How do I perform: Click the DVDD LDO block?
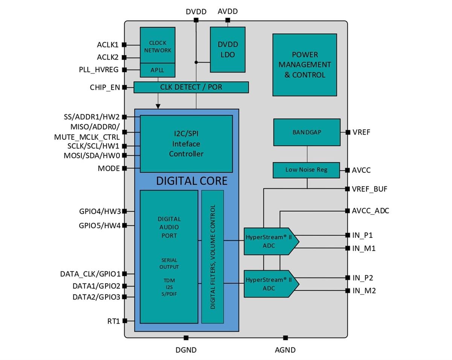pos(227,49)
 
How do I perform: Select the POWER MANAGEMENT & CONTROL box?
pos(304,64)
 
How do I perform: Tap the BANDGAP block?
pos(307,132)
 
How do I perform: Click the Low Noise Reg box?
pos(306,170)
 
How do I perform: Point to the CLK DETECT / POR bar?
pos(191,87)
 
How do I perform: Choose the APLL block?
pos(157,70)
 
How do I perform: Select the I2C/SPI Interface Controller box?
pos(186,144)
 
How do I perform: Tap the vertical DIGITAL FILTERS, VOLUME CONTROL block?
pos(212,257)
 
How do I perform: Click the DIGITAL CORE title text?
pos(192,181)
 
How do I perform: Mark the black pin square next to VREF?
pos(347,132)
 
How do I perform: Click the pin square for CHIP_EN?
pos(124,87)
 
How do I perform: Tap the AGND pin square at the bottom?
pos(285,338)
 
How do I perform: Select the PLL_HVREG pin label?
pos(99,70)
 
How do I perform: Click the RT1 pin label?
pos(113,321)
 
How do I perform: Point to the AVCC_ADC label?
pos(370,211)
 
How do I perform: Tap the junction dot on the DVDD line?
pos(196,62)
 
